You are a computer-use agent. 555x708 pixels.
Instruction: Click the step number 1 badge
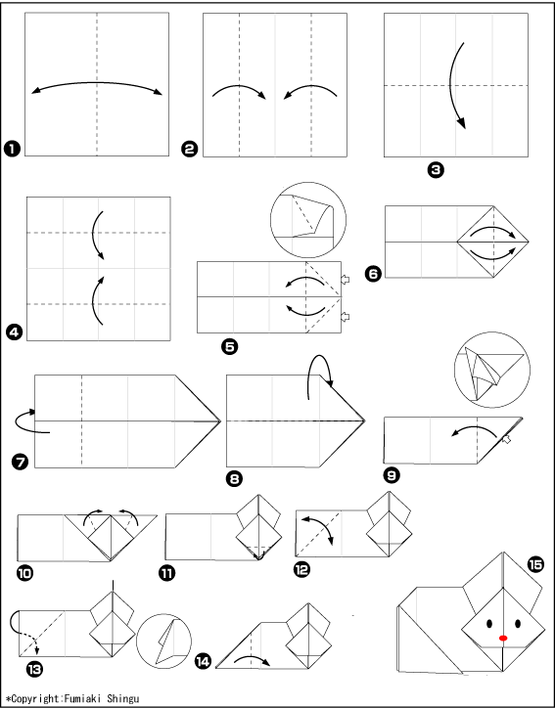coord(12,149)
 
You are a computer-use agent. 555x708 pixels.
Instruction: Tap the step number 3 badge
coord(436,170)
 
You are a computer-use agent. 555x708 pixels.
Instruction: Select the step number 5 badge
coord(230,347)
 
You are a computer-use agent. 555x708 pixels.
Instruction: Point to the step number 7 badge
coord(21,462)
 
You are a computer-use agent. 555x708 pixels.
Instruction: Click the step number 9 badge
coord(392,475)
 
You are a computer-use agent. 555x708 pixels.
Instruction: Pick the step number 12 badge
coord(301,570)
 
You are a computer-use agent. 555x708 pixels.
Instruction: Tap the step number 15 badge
coord(536,564)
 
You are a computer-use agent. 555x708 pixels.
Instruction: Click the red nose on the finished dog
coord(503,638)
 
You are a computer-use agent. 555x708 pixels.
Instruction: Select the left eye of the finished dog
coord(489,624)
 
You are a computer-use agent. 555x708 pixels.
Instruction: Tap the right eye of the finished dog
coord(518,624)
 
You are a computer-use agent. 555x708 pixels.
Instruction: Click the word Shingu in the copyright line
coord(123,698)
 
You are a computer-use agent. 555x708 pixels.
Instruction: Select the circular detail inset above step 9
coord(492,370)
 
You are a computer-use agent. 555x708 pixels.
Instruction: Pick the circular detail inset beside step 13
coord(163,642)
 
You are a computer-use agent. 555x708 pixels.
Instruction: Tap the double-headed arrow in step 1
coord(97,82)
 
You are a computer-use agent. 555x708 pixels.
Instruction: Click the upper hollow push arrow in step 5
coord(345,280)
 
